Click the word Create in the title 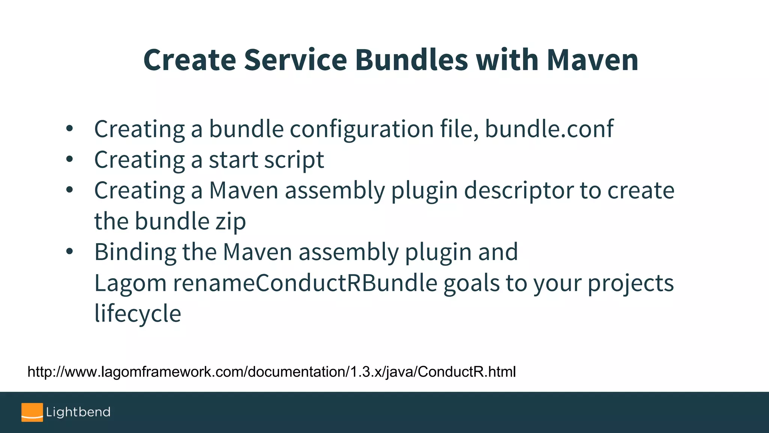tap(190, 60)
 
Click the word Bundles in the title tap(411, 60)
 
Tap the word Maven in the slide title tap(592, 60)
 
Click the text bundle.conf tap(549, 129)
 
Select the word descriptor tap(519, 191)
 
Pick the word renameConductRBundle tap(305, 283)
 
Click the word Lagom tap(130, 283)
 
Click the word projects tap(630, 283)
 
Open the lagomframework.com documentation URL tap(271, 372)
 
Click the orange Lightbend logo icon tap(32, 412)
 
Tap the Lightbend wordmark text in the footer tap(78, 412)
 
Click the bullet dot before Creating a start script tap(69, 159)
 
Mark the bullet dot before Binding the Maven tap(69, 251)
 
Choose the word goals tap(471, 283)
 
